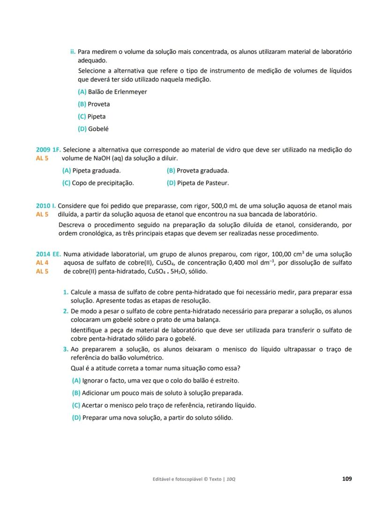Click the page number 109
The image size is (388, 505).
coord(347,479)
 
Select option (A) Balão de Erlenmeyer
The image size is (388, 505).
coord(112,92)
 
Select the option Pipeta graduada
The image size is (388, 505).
coord(91,171)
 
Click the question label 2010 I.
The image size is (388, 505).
coord(46,206)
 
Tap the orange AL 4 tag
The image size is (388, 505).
coord(42,263)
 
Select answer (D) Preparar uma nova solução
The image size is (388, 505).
coord(152,417)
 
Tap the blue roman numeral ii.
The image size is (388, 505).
coord(73,51)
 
